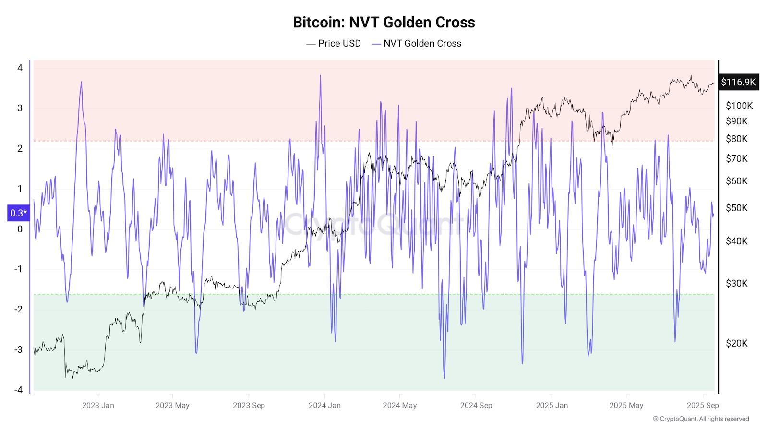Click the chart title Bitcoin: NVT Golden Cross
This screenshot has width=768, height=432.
384,22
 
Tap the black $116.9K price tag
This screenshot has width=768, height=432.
738,82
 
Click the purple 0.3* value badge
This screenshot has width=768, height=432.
19,213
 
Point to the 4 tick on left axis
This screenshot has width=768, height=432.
20,68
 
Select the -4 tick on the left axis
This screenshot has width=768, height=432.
19,390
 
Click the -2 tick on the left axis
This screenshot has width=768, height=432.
19,309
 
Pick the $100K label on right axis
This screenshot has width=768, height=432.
739,106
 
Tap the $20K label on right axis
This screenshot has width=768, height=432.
737,343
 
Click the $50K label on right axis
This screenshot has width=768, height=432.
737,208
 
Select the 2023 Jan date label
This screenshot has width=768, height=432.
98,405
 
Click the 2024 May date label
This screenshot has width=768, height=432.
399,405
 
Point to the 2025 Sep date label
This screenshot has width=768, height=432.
703,405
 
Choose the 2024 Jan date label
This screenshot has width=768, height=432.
324,405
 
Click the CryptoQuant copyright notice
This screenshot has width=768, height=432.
701,419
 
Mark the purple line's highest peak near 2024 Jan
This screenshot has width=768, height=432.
320,75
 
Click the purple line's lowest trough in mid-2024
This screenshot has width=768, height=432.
444,378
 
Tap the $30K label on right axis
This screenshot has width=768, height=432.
737,283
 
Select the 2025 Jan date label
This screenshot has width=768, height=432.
552,405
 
